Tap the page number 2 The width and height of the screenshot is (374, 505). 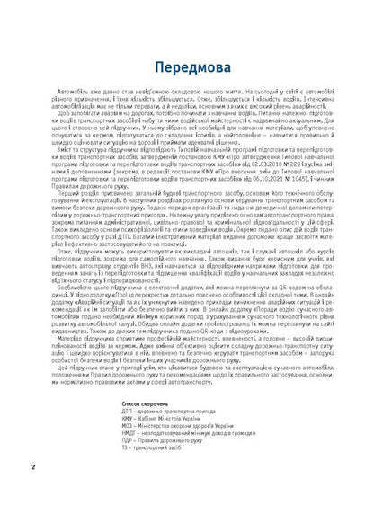[x=32, y=466]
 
